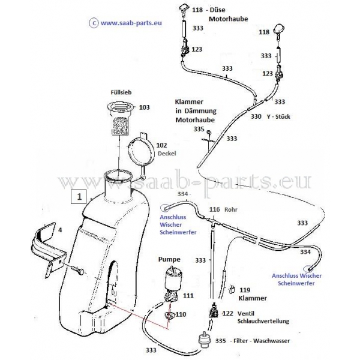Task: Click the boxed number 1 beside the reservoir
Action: pos(79,195)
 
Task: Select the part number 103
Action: pos(144,107)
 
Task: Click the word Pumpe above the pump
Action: pos(169,260)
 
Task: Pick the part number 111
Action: pos(188,296)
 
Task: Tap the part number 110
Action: pos(181,314)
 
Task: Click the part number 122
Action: pos(227,313)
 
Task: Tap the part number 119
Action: pos(245,289)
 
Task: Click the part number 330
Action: pos(256,117)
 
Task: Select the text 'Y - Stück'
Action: pos(277,117)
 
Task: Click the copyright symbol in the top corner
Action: pos(92,23)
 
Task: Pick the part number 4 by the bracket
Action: pos(59,229)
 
